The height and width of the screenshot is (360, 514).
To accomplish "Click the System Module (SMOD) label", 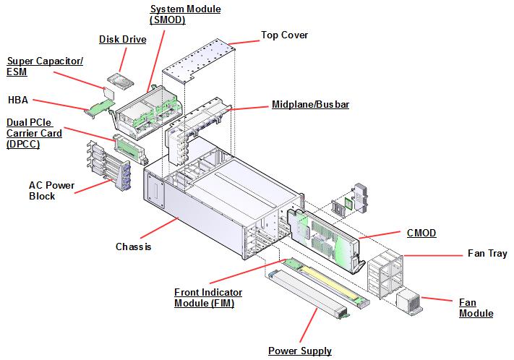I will tap(185, 14).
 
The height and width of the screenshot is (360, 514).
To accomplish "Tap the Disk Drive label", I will tap(122, 39).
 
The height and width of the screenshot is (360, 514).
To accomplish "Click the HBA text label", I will tap(17, 100).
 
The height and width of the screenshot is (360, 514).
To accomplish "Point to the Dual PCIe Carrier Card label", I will tap(33, 133).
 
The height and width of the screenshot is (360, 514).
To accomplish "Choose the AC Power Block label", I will tap(51, 191).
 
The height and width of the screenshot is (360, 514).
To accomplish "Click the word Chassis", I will tap(133, 247).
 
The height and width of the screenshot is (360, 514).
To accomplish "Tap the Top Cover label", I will tap(284, 35).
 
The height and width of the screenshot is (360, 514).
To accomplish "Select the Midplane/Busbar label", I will tap(310, 105).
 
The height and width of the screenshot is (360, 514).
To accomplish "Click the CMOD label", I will tap(421, 233).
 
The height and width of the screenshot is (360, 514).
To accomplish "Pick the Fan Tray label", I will tap(487, 253).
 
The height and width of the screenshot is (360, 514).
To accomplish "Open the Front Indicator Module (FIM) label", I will tap(208, 298).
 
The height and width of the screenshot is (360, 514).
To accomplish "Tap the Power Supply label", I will tap(299, 351).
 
